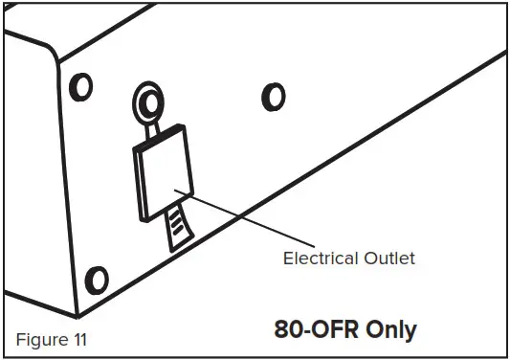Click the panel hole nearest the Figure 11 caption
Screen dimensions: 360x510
tap(97, 280)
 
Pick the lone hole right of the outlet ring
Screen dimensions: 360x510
tap(274, 96)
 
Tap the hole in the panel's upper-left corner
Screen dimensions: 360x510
tap(83, 86)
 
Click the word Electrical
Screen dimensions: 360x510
tap(320, 258)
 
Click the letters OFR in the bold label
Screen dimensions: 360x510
tap(331, 330)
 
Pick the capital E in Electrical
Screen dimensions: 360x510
tap(287, 258)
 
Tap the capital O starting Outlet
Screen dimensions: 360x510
tap(365, 258)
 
